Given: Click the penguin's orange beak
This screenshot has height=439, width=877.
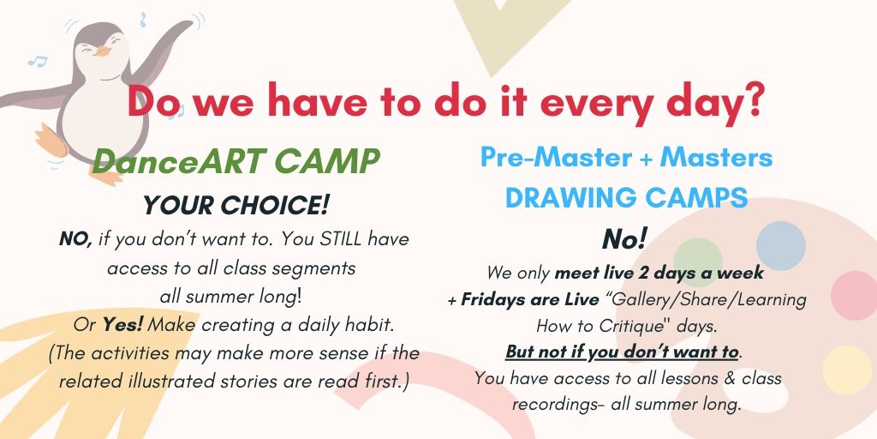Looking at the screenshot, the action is coord(102,51).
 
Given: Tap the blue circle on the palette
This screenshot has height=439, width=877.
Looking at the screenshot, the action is coord(781,246).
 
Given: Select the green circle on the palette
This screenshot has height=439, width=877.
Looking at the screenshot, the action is coord(697,262).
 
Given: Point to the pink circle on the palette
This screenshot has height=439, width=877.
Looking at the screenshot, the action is coord(855,295).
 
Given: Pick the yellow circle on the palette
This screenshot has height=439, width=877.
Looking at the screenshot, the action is coord(847,370).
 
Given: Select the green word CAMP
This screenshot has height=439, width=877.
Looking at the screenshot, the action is coord(328,162).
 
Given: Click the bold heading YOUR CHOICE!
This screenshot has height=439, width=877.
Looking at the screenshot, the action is coord(236,206).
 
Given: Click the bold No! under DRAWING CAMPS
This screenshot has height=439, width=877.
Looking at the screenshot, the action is coord(624,240).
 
